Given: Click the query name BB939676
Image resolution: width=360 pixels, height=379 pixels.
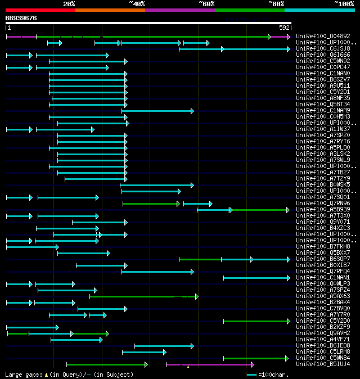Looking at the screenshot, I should click(21, 18).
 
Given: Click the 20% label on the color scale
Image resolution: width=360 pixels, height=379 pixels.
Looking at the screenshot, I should click(69, 3).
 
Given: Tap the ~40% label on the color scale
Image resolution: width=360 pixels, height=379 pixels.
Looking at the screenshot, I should click(137, 3).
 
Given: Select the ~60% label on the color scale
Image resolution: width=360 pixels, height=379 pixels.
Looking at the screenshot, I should click(206, 3).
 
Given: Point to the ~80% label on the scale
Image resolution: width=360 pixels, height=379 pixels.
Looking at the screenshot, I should click(276, 3).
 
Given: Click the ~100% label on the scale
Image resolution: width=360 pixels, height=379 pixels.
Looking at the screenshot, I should click(344, 3).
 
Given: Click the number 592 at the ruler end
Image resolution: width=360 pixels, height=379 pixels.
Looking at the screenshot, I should click(284, 27).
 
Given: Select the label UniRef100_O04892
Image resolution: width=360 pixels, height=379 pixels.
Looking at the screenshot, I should click(323, 36).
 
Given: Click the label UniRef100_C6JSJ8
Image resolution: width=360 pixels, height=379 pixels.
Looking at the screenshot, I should click(323, 48).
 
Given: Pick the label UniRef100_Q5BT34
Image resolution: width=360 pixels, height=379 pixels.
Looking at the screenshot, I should click(323, 104).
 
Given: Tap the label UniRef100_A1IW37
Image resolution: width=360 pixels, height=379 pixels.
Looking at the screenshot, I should click(323, 129).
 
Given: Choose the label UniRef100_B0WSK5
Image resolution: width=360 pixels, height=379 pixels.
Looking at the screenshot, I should click(323, 184).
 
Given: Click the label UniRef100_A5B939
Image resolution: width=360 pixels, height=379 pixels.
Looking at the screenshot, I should click(323, 209).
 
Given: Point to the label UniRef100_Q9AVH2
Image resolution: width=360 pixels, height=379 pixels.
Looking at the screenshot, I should click(323, 333).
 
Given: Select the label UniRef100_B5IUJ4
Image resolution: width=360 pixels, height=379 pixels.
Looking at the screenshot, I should click(323, 364).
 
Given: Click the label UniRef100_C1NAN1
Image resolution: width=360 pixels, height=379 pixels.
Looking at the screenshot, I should click(323, 277).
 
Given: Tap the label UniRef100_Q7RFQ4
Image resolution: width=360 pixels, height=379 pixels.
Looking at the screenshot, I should click(323, 271).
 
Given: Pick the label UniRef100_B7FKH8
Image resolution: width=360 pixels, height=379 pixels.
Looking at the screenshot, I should click(323, 246).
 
